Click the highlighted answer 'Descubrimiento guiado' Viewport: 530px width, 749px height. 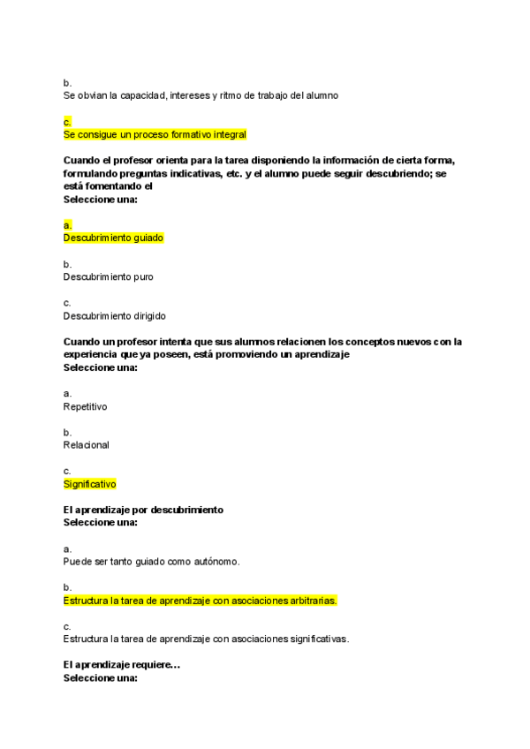pos(113,238)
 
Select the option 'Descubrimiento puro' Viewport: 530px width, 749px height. pos(108,276)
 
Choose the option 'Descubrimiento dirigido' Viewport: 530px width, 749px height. pos(114,315)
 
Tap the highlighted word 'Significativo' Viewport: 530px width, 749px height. pos(89,484)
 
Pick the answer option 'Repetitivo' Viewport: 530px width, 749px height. pos(86,406)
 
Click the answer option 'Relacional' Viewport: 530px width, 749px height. pos(87,445)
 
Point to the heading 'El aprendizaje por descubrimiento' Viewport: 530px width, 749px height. pos(143,510)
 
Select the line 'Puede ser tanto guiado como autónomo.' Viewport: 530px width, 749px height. pos(152,561)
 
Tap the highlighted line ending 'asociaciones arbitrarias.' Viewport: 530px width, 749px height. pos(201,601)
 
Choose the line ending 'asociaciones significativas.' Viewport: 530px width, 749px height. pos(206,639)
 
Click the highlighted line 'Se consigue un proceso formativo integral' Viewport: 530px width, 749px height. pos(155,134)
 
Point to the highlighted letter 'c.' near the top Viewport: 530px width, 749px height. pos(67,122)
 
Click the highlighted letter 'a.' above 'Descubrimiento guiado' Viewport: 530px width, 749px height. pos(67,225)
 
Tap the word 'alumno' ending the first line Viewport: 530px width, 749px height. pos(322,95)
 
